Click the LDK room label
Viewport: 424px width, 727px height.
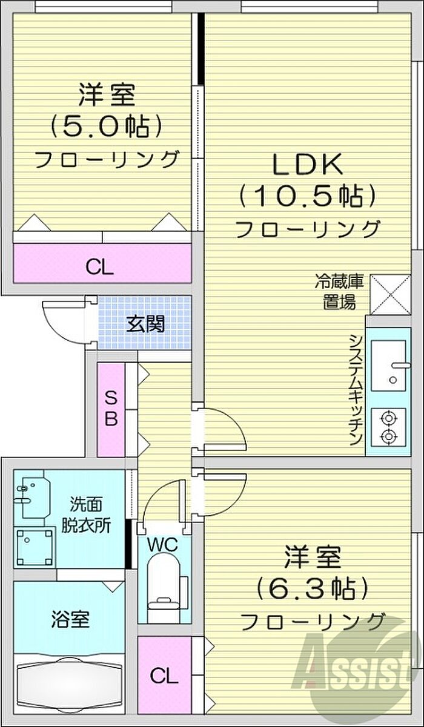[308, 165]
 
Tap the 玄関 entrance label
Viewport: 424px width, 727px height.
[145, 324]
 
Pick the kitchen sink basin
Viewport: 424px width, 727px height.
[389, 366]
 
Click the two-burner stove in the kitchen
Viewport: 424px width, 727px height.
[389, 427]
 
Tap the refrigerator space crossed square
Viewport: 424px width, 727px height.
[391, 294]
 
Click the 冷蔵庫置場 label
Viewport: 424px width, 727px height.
[339, 291]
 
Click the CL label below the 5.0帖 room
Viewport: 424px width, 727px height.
[100, 268]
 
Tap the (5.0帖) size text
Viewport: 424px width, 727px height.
[106, 127]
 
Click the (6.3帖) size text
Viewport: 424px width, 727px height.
[313, 588]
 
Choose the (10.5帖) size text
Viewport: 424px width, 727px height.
[308, 196]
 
